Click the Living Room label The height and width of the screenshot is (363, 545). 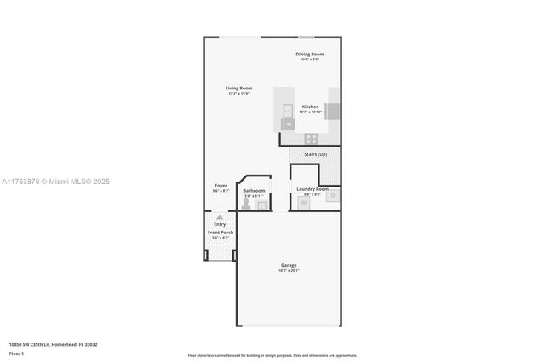238,88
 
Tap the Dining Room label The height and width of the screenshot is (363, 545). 310,54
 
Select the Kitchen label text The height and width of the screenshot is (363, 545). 310,107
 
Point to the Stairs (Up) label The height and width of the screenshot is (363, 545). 314,154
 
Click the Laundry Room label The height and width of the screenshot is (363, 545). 311,188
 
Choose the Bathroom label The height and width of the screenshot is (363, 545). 254,191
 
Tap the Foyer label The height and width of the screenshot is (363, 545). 220,185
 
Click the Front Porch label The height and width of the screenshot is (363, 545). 221,232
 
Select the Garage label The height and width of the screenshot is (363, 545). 289,265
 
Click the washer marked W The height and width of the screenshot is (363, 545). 304,202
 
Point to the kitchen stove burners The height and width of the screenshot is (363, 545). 312,138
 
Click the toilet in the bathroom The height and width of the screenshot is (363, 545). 246,204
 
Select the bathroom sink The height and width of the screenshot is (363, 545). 262,205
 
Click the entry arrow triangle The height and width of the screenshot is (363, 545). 220,217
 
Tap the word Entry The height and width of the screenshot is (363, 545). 220,224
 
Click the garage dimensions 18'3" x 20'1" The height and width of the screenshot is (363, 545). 289,270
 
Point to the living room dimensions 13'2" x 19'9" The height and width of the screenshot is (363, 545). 238,93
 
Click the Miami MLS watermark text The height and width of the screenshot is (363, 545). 55,181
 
